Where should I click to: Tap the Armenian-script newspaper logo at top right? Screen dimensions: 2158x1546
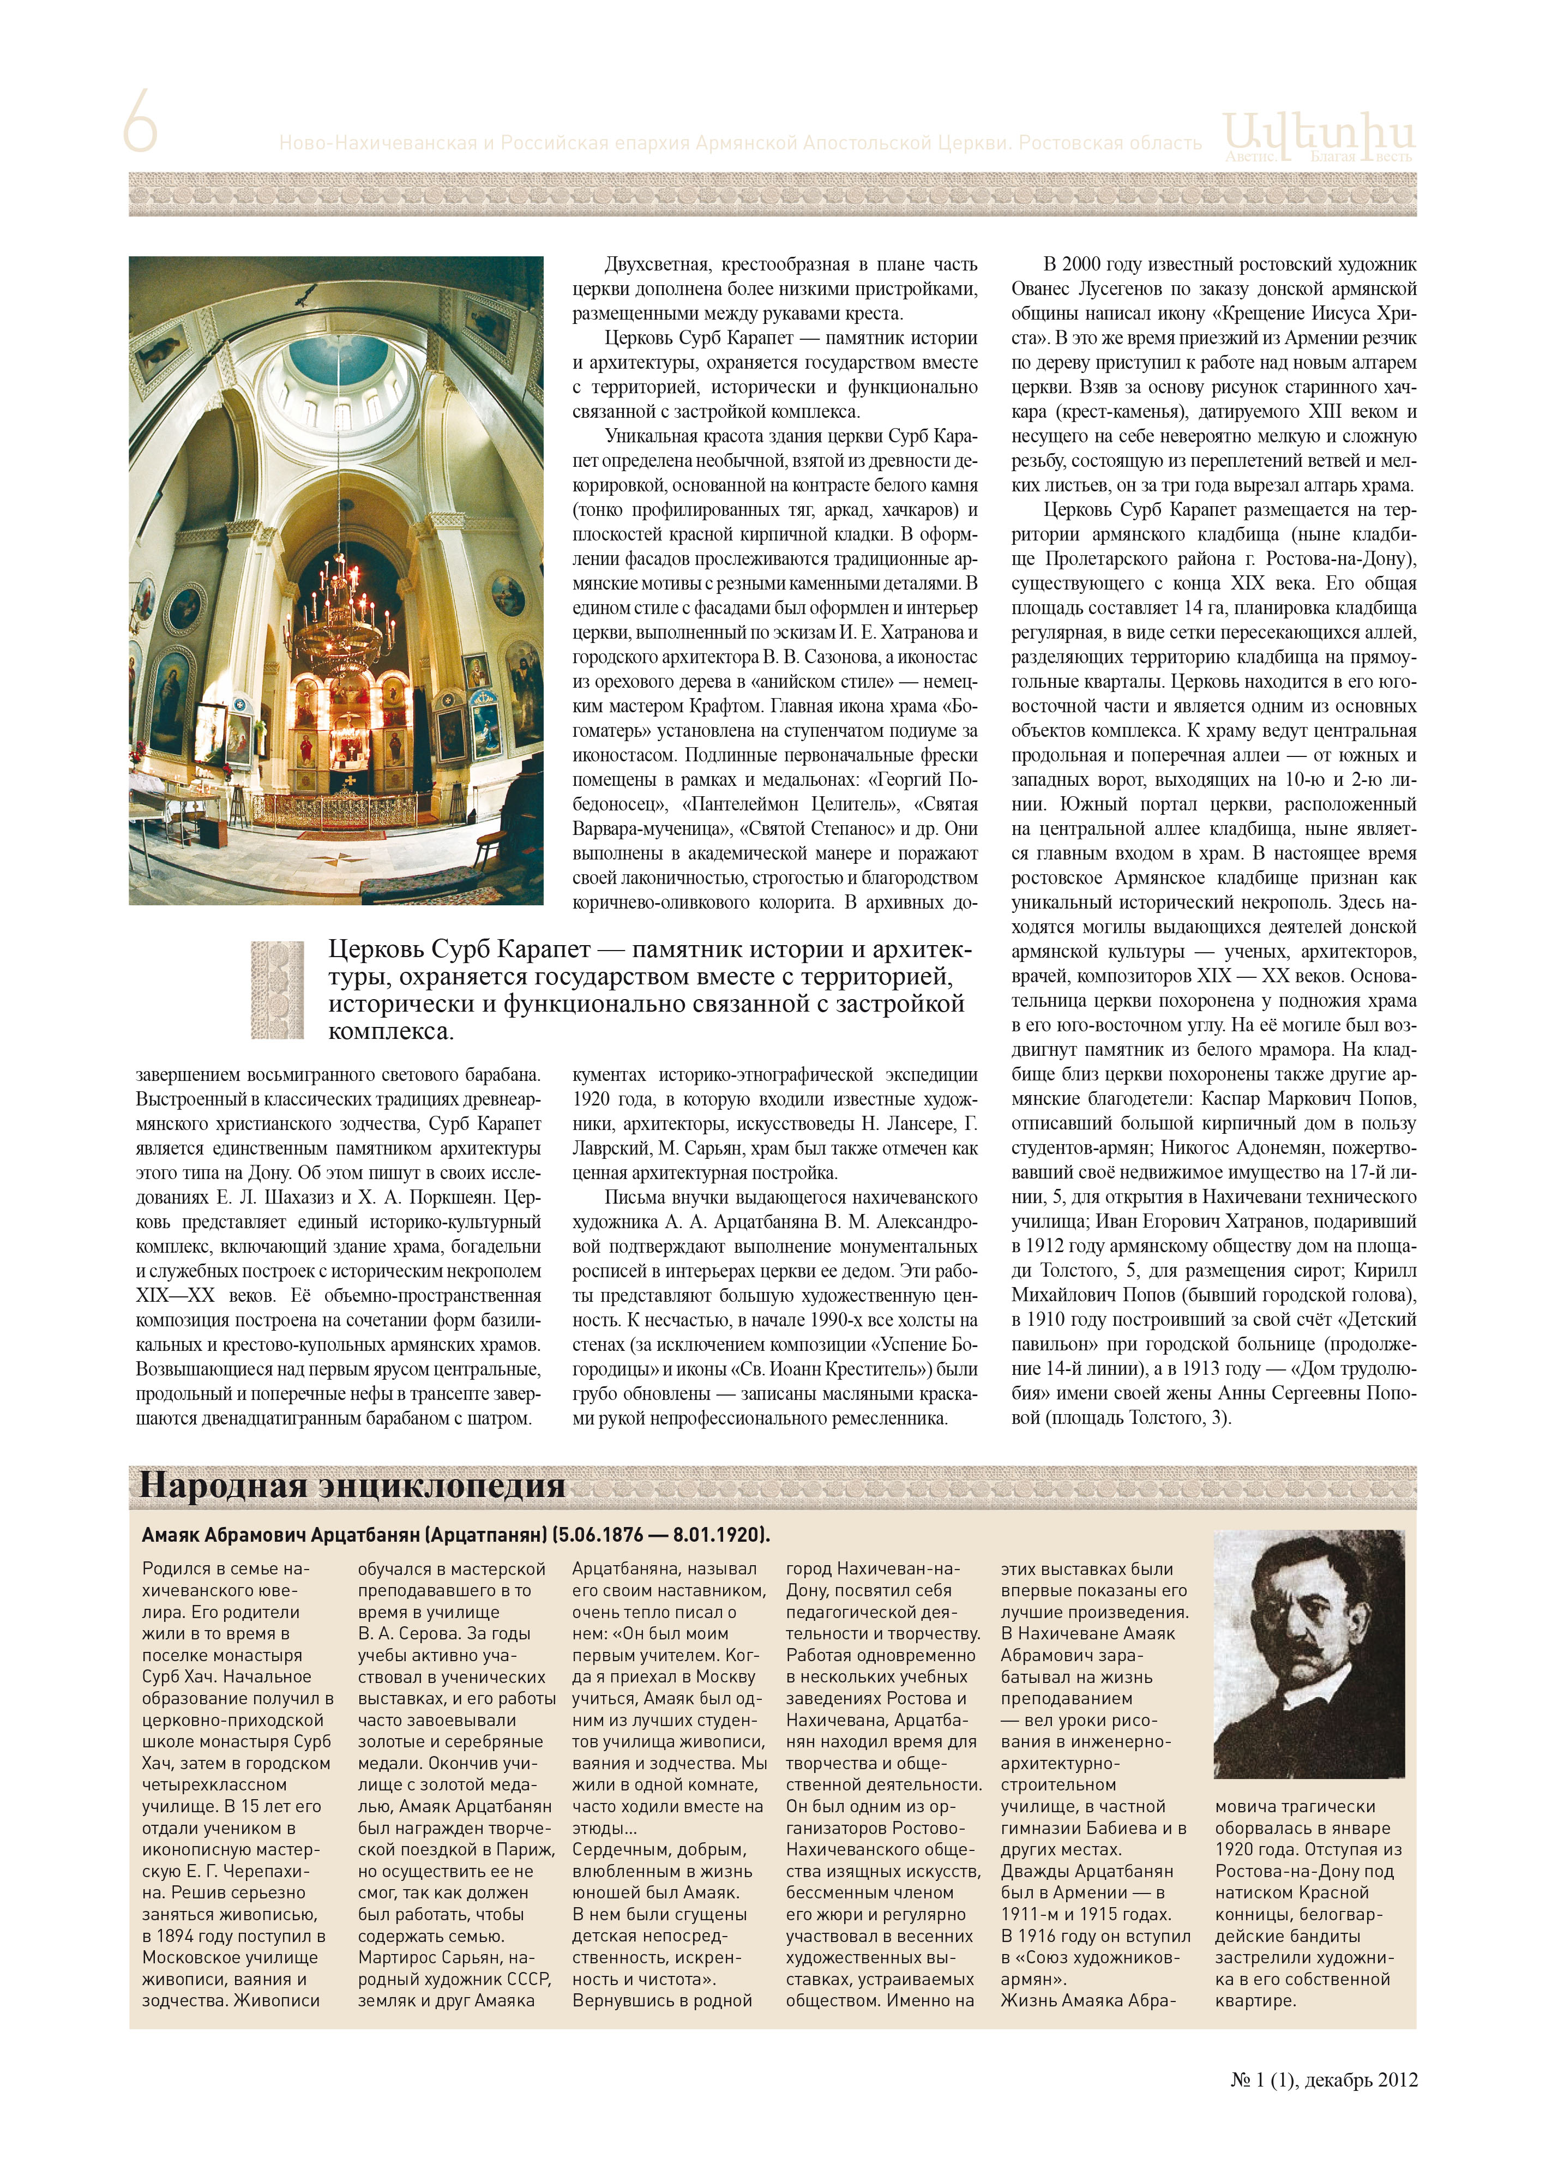click(x=1318, y=136)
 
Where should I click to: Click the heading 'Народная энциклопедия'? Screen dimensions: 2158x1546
click(x=352, y=1485)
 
